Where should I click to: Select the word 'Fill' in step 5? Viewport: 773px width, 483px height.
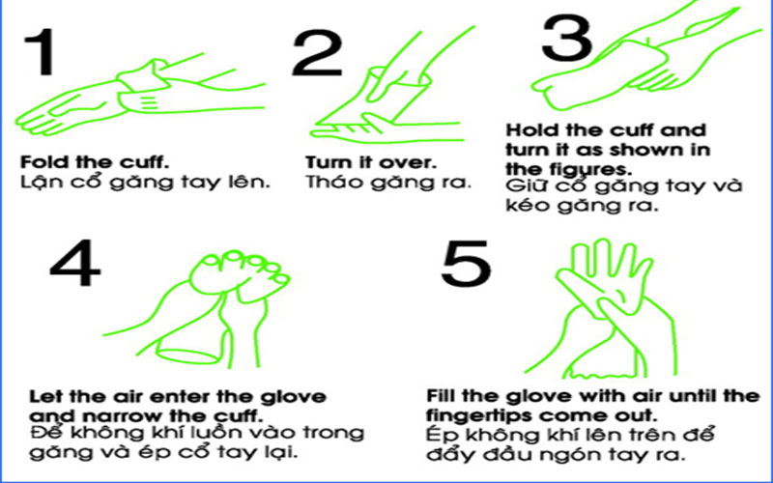click(442, 397)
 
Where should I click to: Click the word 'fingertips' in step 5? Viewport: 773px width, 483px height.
click(469, 414)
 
